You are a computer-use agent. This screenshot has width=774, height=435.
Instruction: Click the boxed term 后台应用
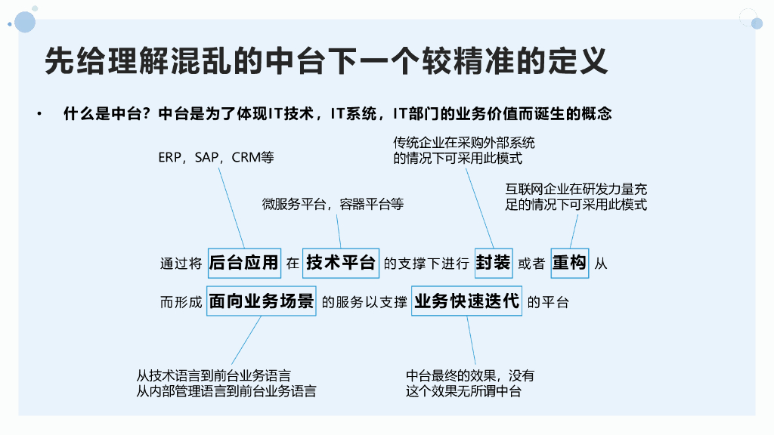pyautogui.click(x=243, y=263)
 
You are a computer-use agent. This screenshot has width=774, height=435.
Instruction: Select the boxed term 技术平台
pyautogui.click(x=340, y=263)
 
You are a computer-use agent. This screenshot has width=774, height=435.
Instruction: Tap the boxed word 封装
pyautogui.click(x=493, y=263)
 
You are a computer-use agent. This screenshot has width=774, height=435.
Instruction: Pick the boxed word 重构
pyautogui.click(x=569, y=263)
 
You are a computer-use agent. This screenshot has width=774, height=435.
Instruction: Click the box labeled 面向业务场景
pyautogui.click(x=261, y=301)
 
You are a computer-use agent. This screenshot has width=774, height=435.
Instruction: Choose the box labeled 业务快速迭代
pyautogui.click(x=466, y=301)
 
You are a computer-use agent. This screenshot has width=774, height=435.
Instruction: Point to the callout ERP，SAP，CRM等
pyautogui.click(x=215, y=158)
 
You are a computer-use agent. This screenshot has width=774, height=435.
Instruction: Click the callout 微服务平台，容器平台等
pyautogui.click(x=333, y=204)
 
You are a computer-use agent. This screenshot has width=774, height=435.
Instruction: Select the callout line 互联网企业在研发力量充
pyautogui.click(x=576, y=188)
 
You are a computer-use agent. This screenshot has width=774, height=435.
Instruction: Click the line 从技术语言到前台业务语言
pyautogui.click(x=214, y=375)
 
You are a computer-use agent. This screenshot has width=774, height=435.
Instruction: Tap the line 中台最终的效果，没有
pyautogui.click(x=469, y=375)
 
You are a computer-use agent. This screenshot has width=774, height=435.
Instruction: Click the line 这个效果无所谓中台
pyautogui.click(x=463, y=391)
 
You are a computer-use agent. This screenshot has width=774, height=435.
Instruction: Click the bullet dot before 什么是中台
pyautogui.click(x=37, y=115)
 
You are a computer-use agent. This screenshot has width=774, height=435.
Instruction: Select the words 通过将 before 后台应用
pyautogui.click(x=181, y=264)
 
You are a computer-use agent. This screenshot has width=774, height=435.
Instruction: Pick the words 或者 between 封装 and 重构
pyautogui.click(x=531, y=264)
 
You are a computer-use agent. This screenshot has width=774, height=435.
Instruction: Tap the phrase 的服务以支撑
pyautogui.click(x=364, y=303)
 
